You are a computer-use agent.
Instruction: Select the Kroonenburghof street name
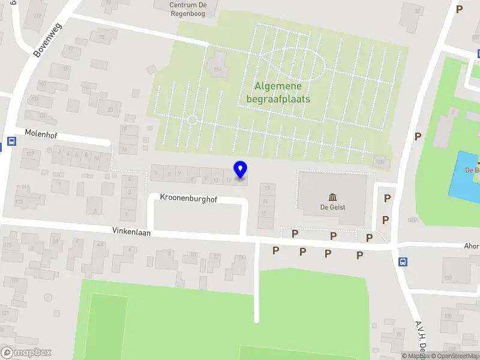click(x=187, y=197)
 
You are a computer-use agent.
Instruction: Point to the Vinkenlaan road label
click(x=131, y=231)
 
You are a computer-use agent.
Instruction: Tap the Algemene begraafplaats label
click(x=278, y=92)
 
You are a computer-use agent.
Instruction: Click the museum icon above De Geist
click(x=332, y=197)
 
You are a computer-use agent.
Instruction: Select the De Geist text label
click(x=332, y=208)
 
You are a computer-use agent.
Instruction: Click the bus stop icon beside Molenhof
click(x=11, y=142)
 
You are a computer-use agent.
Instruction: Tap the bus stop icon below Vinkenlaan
click(x=403, y=261)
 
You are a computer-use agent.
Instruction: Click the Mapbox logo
click(x=26, y=353)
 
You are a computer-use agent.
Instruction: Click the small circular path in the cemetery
click(x=192, y=119)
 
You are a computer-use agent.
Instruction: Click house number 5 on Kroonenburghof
click(x=156, y=174)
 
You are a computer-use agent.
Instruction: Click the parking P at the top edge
click(x=460, y=9)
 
